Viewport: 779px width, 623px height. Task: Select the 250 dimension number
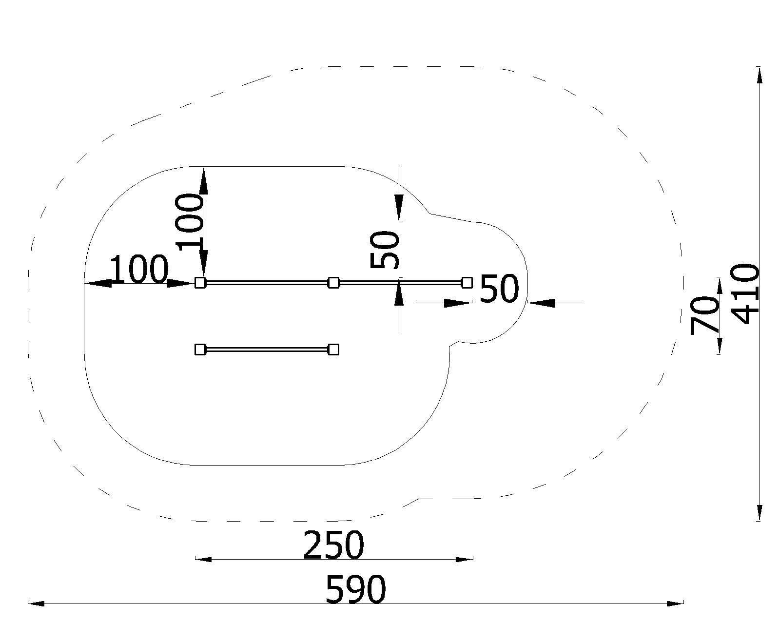[333, 545]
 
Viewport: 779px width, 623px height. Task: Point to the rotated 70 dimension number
[704, 315]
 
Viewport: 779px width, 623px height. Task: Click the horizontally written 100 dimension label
[138, 269]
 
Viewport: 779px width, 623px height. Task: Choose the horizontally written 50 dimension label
[499, 289]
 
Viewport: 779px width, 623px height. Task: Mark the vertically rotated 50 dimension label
[385, 250]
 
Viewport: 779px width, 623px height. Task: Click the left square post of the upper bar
[200, 283]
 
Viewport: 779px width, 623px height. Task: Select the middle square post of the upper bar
[334, 283]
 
